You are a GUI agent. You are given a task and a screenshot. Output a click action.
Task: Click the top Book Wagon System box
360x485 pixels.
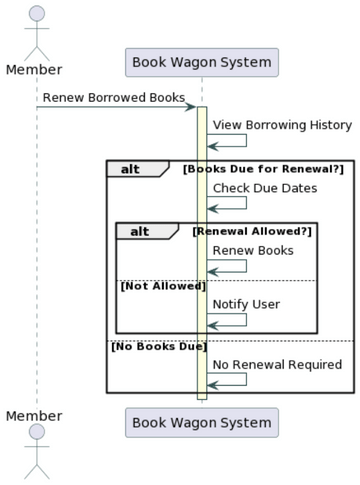tap(201, 63)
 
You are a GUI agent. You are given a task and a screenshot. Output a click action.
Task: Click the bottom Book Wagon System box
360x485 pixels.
tap(201, 423)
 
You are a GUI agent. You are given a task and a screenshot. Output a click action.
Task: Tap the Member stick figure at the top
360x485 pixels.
tap(37, 30)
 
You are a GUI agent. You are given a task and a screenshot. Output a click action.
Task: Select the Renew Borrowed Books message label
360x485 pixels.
tap(113, 98)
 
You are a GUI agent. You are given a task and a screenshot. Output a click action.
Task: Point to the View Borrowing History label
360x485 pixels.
tap(282, 125)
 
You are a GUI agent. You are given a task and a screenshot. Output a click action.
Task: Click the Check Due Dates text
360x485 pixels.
tap(265, 188)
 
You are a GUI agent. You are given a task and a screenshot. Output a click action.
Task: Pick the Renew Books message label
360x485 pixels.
tap(253, 250)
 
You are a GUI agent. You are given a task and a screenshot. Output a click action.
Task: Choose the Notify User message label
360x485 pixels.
tap(246, 304)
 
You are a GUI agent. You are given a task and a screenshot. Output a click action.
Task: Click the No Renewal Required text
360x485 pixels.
tap(277, 364)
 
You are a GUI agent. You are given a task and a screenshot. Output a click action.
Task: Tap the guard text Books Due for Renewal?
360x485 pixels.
tap(262, 169)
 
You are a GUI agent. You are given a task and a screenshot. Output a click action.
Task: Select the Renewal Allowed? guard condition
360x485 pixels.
tap(252, 231)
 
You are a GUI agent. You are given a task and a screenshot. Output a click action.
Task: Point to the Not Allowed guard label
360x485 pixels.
tap(162, 287)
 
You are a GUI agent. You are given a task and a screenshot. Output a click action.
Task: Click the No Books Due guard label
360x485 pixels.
tap(157, 347)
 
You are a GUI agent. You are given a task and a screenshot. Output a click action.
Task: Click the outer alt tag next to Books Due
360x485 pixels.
tap(131, 169)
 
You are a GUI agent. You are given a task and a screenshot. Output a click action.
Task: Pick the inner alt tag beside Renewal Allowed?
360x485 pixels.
tap(140, 231)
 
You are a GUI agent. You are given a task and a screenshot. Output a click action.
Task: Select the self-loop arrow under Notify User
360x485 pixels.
tap(228, 320)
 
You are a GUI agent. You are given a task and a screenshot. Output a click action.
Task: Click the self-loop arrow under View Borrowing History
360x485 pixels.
tap(228, 141)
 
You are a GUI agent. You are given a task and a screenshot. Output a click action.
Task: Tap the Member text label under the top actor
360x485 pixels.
tap(34, 69)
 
